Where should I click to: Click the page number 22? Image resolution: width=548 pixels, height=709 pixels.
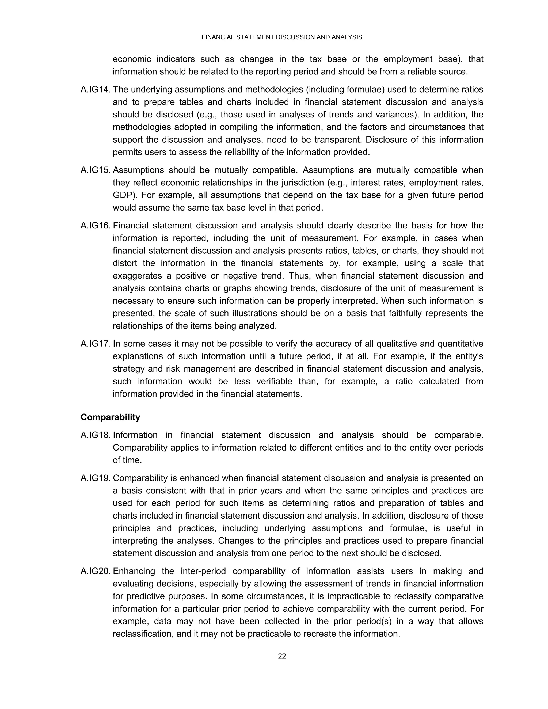click(x=282, y=656)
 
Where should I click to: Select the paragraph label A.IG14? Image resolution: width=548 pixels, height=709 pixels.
click(x=96, y=90)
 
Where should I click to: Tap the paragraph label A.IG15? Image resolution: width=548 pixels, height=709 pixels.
click(x=96, y=170)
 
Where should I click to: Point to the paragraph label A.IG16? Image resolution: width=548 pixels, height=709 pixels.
click(x=96, y=226)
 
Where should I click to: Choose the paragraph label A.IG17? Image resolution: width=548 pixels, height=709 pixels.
click(x=96, y=344)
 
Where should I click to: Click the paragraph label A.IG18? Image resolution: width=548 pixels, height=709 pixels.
click(x=96, y=435)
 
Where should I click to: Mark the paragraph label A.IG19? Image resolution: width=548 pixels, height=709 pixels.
click(x=96, y=478)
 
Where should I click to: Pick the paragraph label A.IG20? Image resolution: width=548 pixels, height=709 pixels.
click(x=96, y=571)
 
